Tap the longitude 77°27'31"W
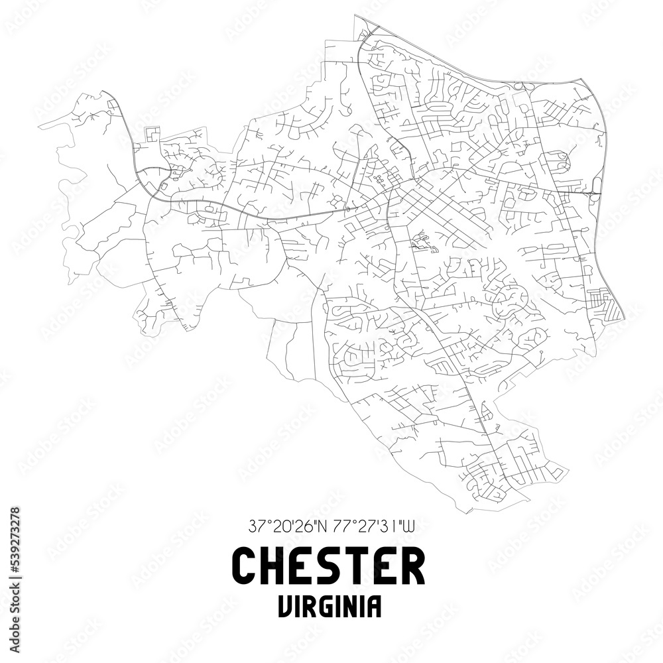coord(372,527)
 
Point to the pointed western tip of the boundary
coord(39,125)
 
